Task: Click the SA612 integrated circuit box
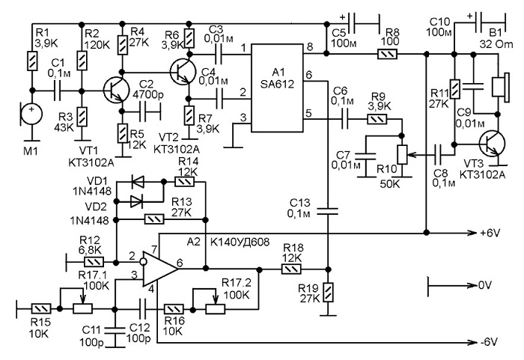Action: [278, 88]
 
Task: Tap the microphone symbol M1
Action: [31, 114]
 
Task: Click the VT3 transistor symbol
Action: [492, 144]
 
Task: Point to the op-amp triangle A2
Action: [160, 269]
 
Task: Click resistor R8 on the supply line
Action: [387, 54]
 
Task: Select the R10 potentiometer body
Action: [402, 155]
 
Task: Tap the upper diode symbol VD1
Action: [138, 182]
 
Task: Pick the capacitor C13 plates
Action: [328, 211]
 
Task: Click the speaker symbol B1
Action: [500, 87]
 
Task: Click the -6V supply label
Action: [489, 342]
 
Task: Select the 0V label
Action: [485, 285]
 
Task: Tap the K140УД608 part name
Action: [240, 242]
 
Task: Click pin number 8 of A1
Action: [310, 47]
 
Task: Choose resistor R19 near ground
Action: [329, 292]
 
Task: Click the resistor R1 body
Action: [32, 61]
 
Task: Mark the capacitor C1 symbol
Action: [58, 91]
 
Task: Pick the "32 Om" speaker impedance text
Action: [496, 44]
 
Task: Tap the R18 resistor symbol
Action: [291, 269]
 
